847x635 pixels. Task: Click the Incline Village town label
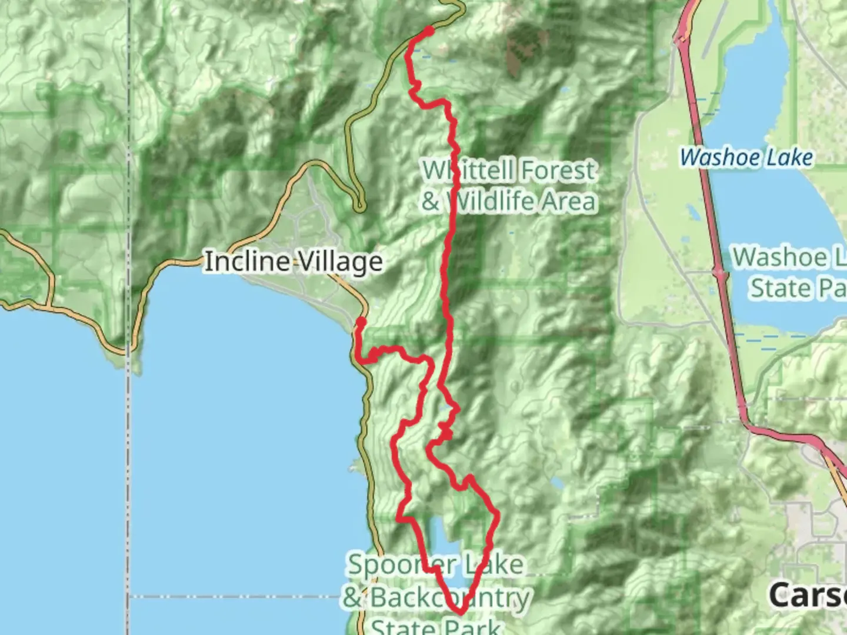(x=293, y=262)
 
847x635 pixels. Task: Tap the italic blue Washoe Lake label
(x=746, y=158)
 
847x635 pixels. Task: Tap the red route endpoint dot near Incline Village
(x=361, y=322)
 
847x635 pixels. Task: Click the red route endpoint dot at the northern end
(x=430, y=30)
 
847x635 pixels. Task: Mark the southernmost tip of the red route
(x=459, y=612)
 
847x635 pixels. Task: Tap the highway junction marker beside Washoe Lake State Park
(x=719, y=272)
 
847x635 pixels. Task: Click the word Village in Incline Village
(x=338, y=262)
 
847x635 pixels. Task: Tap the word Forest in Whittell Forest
(x=558, y=171)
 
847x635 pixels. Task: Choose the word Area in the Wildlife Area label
(x=568, y=202)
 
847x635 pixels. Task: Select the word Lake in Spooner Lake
(x=493, y=565)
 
